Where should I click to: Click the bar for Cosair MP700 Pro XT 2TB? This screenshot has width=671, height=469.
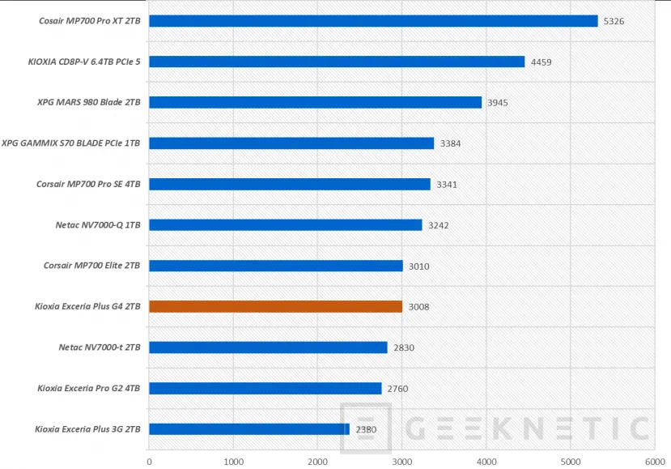coord(372,20)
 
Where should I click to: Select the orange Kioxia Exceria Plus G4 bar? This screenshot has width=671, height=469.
coord(275,306)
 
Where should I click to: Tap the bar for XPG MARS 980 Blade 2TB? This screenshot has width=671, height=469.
coord(315,102)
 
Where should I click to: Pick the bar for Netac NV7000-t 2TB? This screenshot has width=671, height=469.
coord(268,347)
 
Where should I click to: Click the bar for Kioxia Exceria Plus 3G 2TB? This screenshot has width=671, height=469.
coord(248,429)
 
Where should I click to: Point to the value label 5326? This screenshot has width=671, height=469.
coord(614,21)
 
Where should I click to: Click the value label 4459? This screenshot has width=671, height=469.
coord(541,62)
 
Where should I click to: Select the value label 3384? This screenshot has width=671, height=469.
coord(451,143)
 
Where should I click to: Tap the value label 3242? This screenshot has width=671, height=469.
coord(439,225)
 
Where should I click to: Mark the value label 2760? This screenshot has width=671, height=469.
coord(398,389)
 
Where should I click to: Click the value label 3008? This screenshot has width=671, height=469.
coord(419,307)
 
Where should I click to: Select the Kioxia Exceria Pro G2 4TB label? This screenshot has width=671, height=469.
coord(88,389)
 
